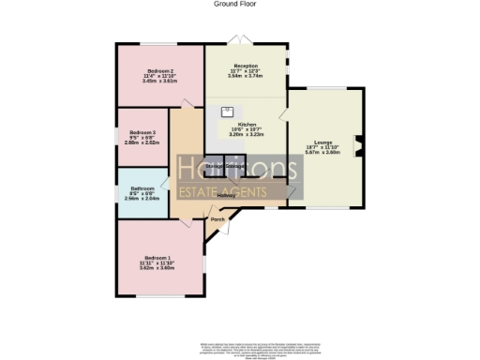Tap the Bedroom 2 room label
click(159, 71)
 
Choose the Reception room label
click(246, 66)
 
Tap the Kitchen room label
click(247, 124)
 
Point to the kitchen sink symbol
click(227, 111)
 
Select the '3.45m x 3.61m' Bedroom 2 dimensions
click(159, 82)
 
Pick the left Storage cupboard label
click(216, 167)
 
